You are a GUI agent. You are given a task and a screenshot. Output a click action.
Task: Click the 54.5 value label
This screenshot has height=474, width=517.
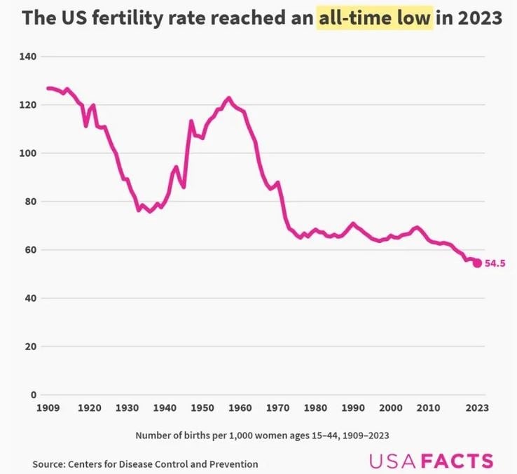(495, 264)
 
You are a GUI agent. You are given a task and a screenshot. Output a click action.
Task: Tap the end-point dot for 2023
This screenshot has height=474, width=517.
(477, 263)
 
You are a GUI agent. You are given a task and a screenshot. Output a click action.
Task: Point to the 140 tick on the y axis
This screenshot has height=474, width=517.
(29, 56)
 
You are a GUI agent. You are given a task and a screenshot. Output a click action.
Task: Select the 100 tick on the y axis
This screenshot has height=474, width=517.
(29, 153)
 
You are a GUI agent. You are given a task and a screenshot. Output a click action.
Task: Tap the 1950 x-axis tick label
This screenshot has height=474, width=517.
(202, 408)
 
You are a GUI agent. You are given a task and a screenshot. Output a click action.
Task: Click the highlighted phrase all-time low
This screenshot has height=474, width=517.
(373, 18)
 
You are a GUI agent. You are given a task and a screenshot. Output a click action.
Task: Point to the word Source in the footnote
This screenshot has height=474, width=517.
(49, 463)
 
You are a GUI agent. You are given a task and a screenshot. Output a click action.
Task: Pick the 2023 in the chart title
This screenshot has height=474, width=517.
(480, 18)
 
